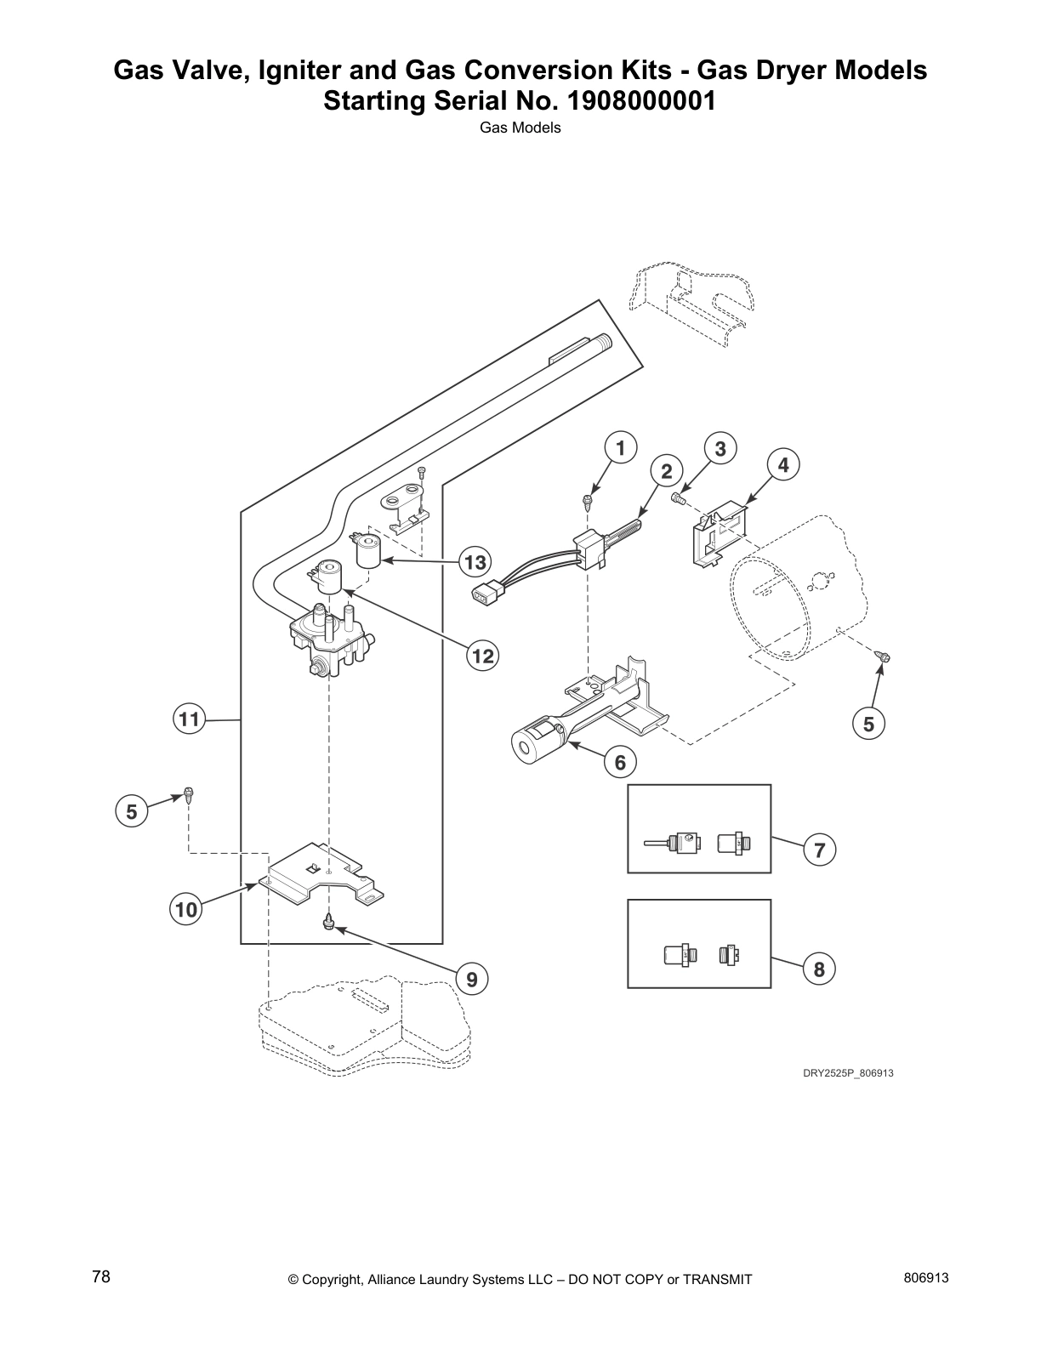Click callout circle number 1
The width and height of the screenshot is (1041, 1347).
coord(620,448)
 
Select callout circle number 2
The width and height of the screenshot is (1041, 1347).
coord(667,471)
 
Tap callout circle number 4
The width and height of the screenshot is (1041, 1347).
coord(783,464)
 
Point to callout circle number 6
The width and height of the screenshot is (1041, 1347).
coord(620,762)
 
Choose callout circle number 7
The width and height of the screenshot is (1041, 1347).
coord(819,849)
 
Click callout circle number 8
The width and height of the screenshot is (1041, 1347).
coord(819,969)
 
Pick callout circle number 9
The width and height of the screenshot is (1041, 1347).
coord(472,980)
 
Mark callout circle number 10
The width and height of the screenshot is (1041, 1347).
coord(185,910)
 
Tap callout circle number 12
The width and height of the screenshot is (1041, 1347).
coord(482,656)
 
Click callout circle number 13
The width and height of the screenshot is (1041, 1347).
coord(475,561)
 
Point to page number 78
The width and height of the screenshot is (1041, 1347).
coord(101,1277)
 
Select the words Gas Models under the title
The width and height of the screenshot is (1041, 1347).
coord(520,128)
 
